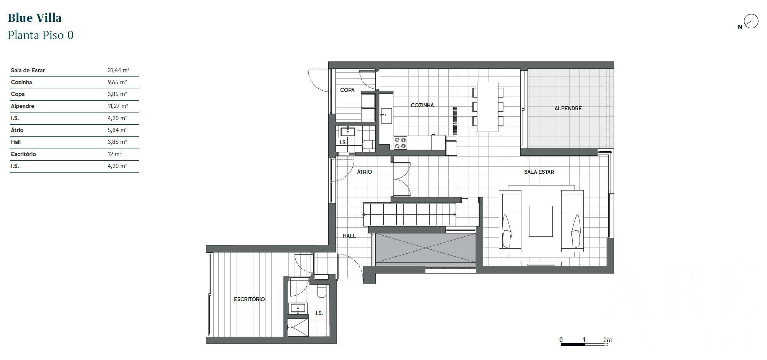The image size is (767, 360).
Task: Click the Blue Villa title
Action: point(34,18)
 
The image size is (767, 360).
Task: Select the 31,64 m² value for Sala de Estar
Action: point(118,70)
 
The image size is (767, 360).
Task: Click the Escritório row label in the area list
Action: point(23,154)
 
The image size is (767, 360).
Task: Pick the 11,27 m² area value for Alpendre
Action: point(118,106)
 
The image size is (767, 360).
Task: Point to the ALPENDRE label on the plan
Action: point(568,108)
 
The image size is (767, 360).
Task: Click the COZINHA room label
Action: point(422,105)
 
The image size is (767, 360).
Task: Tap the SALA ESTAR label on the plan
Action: point(539,172)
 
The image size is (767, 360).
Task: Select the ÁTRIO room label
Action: point(364,172)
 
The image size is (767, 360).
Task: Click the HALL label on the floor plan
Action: point(349,236)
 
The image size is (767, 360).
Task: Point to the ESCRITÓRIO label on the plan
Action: point(249,299)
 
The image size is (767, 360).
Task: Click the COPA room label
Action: point(347,90)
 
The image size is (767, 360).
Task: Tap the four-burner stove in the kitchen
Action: point(400,143)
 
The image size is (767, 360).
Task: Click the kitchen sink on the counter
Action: point(386,116)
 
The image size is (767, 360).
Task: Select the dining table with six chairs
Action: point(488,107)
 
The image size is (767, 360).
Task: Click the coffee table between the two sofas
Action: point(541,221)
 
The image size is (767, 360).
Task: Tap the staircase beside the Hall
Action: point(409,214)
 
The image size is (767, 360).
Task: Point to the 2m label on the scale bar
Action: point(607,340)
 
